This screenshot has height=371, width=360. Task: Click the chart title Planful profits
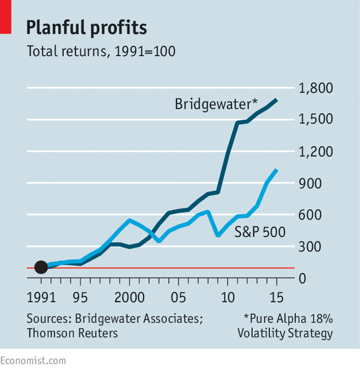point(87,28)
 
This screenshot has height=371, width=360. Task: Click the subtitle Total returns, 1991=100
point(101,51)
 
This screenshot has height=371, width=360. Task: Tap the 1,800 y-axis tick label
point(316,88)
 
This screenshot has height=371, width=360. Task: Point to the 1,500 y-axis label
point(316,119)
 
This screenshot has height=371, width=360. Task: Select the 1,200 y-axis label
point(316,151)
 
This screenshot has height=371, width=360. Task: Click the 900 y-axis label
point(310,184)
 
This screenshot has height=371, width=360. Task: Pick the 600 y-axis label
point(310,215)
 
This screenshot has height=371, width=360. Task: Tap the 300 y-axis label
point(310,247)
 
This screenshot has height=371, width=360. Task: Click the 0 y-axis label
point(302,279)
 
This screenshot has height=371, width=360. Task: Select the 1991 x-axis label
point(41,297)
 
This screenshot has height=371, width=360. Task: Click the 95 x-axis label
point(80,297)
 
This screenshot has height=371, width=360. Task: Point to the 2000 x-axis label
point(129,297)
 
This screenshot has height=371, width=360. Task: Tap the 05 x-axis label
point(178,297)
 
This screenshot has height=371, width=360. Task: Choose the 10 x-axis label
point(228,297)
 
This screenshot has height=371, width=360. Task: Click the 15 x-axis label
point(276,297)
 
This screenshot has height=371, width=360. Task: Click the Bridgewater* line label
point(216,104)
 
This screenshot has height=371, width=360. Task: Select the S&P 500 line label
point(260,231)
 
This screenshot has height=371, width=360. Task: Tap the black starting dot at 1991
point(41,267)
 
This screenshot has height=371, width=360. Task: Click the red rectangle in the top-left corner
point(6,17)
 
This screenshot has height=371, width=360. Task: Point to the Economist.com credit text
point(33,361)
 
